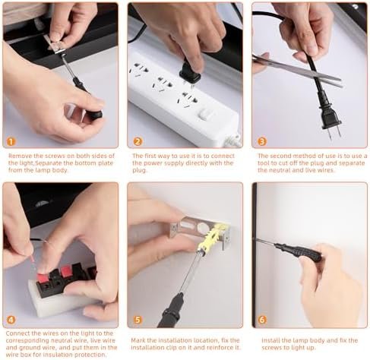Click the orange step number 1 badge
[11, 141]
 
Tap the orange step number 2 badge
[138, 141]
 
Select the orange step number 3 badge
[262, 141]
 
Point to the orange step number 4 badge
[11, 320]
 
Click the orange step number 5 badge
[138, 320]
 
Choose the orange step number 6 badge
[262, 320]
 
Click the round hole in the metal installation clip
[202, 227]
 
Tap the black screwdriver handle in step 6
[300, 251]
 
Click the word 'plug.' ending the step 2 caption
[139, 170]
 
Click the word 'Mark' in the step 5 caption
[138, 340]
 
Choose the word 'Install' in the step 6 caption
[270, 340]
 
